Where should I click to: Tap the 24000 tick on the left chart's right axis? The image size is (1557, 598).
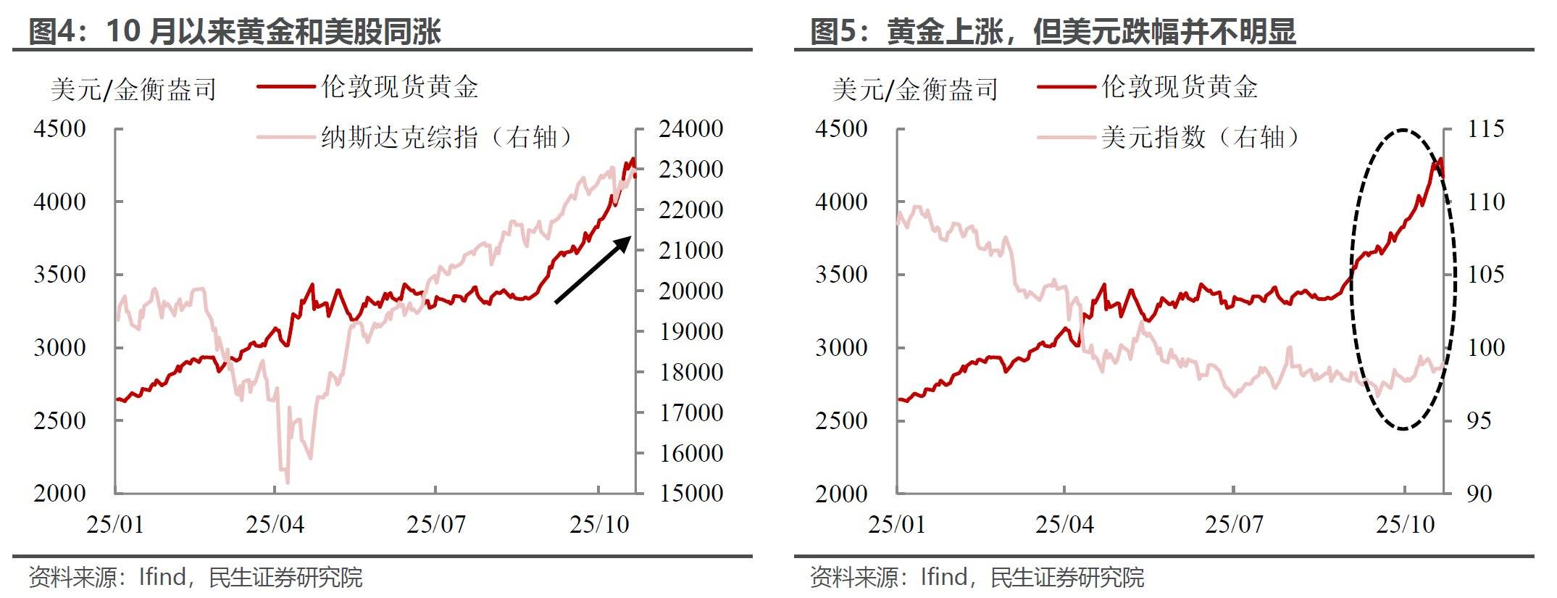690,129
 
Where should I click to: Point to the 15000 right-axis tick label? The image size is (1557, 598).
690,493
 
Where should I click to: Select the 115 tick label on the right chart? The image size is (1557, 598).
1485,129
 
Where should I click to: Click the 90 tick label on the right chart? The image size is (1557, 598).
1479,494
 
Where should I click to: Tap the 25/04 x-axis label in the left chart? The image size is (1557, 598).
275,524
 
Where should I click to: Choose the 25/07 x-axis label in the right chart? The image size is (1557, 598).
1234,524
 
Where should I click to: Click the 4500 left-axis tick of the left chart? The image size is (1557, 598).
59,129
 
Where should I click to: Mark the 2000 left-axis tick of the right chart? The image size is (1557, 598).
841,494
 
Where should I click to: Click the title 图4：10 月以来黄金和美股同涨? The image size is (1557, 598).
235,32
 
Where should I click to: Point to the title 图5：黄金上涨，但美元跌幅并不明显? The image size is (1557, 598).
1053,32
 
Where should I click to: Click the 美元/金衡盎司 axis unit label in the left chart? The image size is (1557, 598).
133,89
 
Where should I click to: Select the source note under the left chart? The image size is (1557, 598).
195,577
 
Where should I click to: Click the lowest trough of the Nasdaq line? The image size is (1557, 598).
288,482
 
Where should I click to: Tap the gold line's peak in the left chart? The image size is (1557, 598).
633,159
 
